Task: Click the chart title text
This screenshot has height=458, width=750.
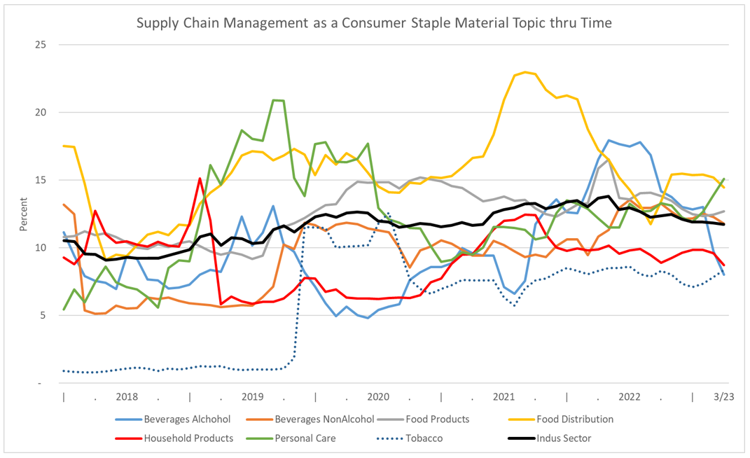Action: click(375, 23)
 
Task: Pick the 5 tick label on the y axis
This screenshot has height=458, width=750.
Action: click(43, 315)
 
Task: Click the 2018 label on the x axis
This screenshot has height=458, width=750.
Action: click(127, 396)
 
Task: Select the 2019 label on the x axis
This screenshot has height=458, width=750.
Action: click(252, 396)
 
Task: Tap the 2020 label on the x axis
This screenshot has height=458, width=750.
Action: click(378, 396)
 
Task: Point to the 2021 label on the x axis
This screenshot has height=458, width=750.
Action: click(504, 396)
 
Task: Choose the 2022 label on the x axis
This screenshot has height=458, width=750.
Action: click(630, 396)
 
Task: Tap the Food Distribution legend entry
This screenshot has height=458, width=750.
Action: click(575, 419)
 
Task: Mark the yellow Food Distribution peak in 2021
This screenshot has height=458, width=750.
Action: click(525, 73)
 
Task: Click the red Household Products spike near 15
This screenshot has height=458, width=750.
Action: click(200, 179)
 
